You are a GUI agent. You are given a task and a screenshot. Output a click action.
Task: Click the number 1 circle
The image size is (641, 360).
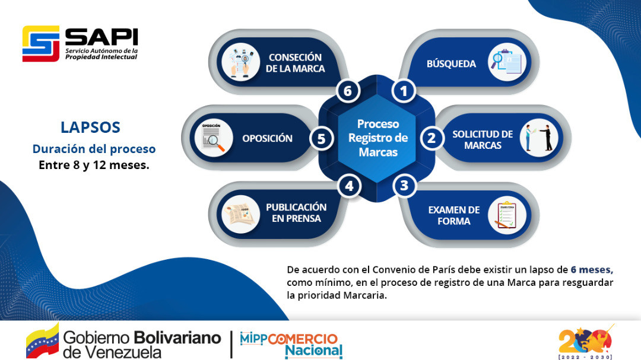[404, 91]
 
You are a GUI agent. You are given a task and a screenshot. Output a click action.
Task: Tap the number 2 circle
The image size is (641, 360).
[431, 138]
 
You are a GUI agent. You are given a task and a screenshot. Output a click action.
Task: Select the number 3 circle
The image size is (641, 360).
[404, 186]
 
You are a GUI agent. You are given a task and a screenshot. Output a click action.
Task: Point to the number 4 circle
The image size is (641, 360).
[349, 186]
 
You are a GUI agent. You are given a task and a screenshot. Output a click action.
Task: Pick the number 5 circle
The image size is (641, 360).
[321, 139]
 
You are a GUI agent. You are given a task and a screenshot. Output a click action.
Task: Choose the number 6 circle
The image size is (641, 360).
[348, 91]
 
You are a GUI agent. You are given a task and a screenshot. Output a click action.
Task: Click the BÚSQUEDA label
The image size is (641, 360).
[451, 63]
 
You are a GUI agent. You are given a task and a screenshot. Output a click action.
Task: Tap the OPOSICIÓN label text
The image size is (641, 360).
[267, 139]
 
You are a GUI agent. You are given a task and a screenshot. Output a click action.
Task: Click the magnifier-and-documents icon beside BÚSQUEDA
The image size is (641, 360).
[507, 62]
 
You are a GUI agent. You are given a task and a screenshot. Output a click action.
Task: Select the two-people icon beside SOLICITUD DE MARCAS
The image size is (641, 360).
[539, 138]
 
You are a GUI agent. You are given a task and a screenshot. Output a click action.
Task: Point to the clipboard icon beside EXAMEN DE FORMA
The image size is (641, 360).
[507, 215]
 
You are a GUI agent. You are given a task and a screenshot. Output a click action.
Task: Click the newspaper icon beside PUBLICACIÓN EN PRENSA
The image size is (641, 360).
[241, 215]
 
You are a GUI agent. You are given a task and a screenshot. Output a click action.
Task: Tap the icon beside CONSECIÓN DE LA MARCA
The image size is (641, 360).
[241, 62]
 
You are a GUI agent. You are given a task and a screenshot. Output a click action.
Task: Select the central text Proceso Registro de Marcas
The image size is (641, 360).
[378, 138]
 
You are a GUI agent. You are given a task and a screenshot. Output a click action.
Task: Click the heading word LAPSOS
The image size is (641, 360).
[90, 128]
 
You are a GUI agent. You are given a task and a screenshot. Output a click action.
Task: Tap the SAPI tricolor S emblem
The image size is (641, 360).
[41, 44]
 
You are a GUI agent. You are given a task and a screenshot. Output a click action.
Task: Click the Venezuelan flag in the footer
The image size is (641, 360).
[43, 341]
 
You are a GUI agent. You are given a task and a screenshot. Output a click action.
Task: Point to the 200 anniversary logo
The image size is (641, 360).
[585, 342]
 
